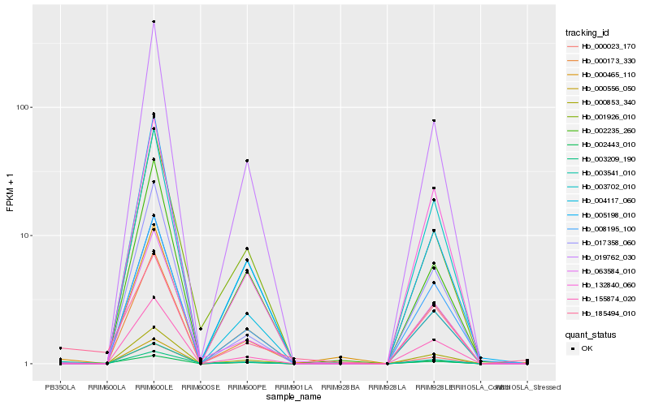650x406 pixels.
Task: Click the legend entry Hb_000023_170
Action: (x=603, y=47)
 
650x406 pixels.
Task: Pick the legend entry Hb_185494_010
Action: (x=603, y=313)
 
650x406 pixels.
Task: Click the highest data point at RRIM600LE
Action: (x=154, y=22)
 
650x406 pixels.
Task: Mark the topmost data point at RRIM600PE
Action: (x=247, y=161)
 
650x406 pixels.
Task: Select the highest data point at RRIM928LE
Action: (x=434, y=121)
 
